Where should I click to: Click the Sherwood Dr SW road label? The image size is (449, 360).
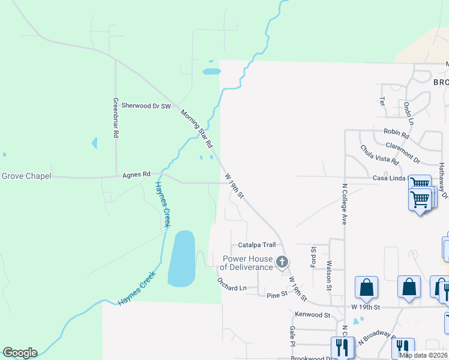146,106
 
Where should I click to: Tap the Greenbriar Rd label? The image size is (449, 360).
115,118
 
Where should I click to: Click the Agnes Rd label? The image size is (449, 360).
136,175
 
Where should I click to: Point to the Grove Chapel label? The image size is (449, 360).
26,176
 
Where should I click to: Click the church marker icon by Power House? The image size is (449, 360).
282,262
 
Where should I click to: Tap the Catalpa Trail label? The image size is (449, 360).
256,245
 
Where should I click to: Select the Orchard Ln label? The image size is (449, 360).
232,288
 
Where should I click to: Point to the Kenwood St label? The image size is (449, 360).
312,314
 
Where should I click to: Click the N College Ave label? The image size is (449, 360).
345,204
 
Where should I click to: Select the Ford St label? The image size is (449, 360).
313,257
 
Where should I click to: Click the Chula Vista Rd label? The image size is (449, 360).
379,155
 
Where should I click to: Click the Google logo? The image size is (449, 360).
20,353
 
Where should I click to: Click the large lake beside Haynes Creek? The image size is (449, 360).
182,258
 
